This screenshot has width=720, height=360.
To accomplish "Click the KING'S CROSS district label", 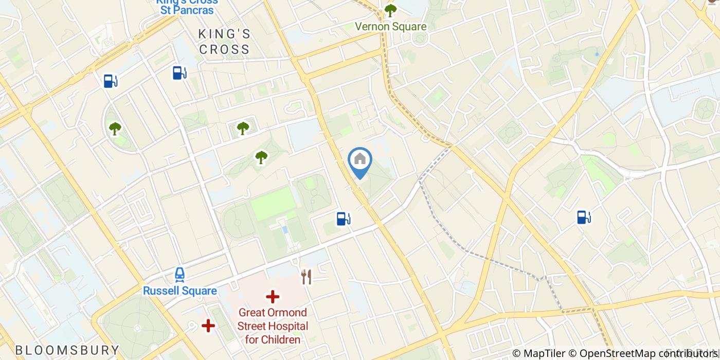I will pyautogui.click(x=224, y=42).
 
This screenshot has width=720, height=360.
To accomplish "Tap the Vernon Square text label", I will pyautogui.click(x=391, y=26).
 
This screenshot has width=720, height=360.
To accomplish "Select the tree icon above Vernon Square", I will pyautogui.click(x=391, y=10).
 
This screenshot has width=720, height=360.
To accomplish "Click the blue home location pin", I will pyautogui.click(x=360, y=161).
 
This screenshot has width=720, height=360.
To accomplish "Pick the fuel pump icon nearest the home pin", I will pyautogui.click(x=343, y=219).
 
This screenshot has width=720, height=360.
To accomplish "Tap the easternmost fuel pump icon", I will pyautogui.click(x=583, y=217).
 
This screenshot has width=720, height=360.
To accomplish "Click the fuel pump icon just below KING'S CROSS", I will pyautogui.click(x=179, y=73).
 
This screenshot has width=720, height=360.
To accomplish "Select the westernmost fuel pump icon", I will pyautogui.click(x=110, y=81).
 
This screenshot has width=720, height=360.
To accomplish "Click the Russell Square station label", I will pyautogui.click(x=179, y=291).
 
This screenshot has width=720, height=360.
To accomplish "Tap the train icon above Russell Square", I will pyautogui.click(x=179, y=274).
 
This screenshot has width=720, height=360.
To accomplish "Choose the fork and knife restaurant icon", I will pyautogui.click(x=307, y=277).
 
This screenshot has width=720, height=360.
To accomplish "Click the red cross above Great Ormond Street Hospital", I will pyautogui.click(x=273, y=297).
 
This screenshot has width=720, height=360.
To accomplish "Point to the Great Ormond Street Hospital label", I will pyautogui.click(x=273, y=326).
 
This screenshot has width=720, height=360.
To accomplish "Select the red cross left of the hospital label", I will pyautogui.click(x=208, y=326).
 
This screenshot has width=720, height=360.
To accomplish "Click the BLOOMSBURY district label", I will pyautogui.click(x=67, y=351).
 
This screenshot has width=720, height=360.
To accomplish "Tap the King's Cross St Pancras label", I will pyautogui.click(x=187, y=6).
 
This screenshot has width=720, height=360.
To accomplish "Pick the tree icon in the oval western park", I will pyautogui.click(x=115, y=129).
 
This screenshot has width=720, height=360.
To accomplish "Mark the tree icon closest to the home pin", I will pyautogui.click(x=261, y=157).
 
